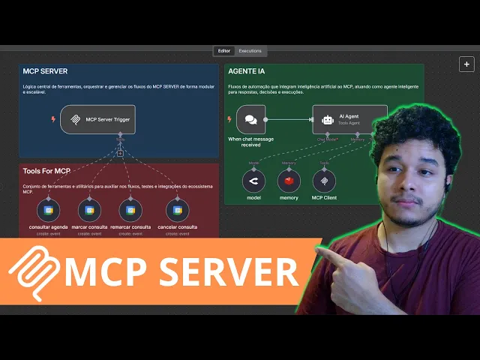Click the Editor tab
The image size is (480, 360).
point(223,51)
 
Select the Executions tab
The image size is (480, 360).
point(250,51)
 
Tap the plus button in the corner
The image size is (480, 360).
point(466,64)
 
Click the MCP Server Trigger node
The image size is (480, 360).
point(97,119)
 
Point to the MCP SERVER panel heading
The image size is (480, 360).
point(45,72)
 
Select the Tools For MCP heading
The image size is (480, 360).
point(46,171)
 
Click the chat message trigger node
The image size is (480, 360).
point(250,119)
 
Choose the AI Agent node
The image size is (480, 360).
point(349,119)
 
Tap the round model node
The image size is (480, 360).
point(253,181)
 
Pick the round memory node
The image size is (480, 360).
point(289,181)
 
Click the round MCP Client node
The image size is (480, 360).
point(324,181)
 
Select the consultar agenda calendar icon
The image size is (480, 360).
point(49,210)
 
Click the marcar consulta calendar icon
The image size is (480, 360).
point(89,210)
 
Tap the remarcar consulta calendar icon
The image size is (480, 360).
point(130,210)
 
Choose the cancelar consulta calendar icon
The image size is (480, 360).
point(178,210)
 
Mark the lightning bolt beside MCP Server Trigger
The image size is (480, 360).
point(53,119)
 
